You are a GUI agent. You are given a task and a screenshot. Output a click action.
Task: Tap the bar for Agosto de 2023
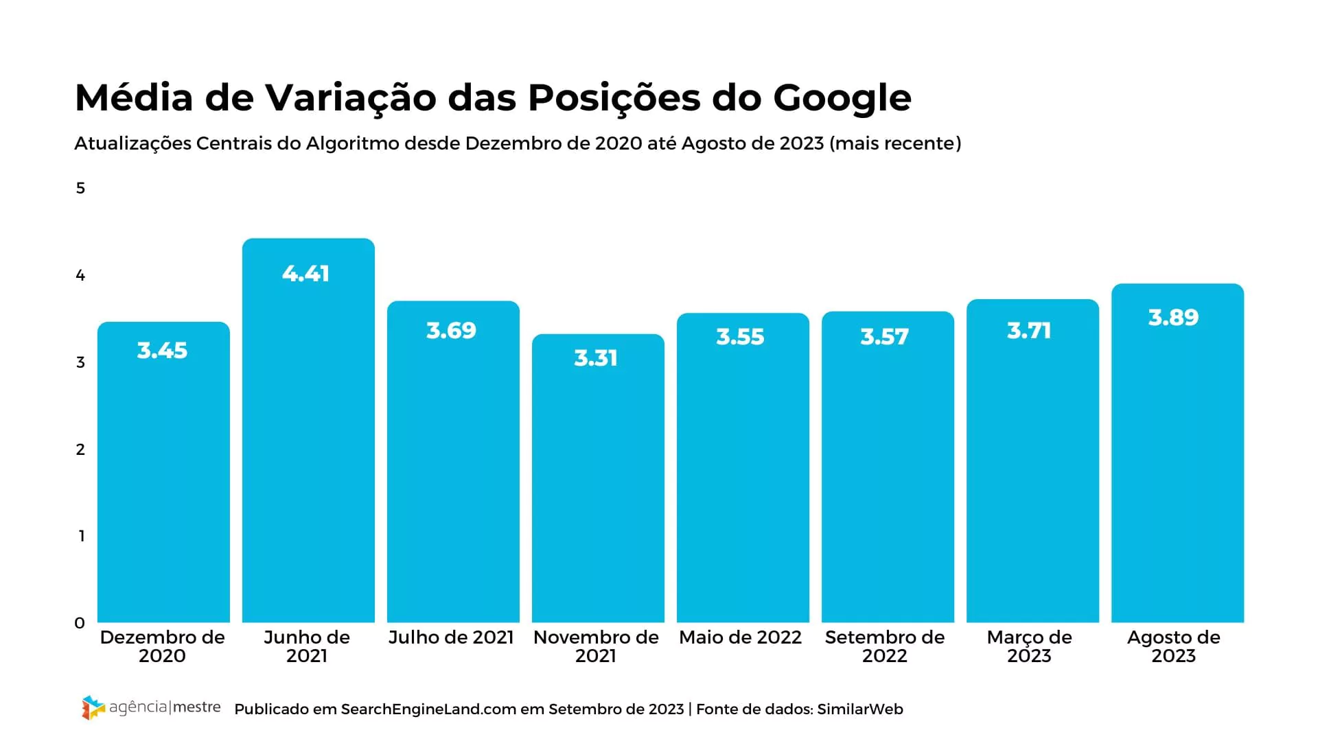click(1177, 467)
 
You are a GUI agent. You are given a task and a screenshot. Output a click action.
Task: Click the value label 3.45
click(162, 351)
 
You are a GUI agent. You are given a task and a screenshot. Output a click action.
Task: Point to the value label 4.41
click(306, 274)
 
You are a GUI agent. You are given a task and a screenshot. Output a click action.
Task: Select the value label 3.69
click(451, 331)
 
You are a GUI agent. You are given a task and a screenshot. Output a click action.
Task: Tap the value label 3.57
click(884, 337)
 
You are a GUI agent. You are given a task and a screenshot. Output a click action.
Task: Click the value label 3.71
click(1029, 331)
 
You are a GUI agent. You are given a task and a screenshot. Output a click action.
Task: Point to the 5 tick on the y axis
click(80, 189)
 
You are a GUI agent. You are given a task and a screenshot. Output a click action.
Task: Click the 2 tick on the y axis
click(80, 449)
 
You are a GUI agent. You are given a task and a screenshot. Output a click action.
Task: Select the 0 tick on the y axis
click(80, 623)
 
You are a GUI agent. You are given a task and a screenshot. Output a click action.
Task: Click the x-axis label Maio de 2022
click(740, 637)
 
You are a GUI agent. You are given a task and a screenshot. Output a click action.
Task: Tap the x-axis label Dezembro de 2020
click(162, 646)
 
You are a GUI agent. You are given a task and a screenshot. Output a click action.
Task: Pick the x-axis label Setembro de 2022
click(885, 646)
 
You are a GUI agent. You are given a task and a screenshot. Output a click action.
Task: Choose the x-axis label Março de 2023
click(1029, 646)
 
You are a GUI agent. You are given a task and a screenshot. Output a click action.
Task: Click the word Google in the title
click(842, 98)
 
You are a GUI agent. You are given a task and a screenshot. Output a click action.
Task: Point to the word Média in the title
click(134, 98)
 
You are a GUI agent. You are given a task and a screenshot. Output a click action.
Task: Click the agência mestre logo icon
click(93, 707)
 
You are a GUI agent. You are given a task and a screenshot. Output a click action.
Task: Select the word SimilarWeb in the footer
click(860, 709)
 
